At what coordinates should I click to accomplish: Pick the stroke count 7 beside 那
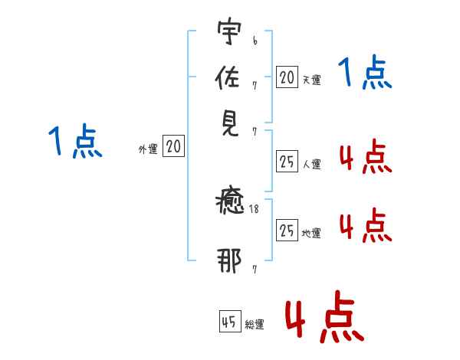tap(255, 269)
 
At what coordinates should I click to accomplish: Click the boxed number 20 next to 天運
tap(287, 77)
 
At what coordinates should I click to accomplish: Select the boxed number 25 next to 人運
tap(287, 162)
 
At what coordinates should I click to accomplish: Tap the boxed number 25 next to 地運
tap(287, 230)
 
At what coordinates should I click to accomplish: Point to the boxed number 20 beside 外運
tap(174, 147)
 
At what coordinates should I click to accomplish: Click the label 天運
tap(311, 80)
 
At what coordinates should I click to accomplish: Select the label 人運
tap(311, 164)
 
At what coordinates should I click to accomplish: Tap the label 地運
tap(311, 233)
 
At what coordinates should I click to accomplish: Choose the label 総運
tap(255, 325)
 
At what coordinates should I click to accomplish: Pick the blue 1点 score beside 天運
tap(365, 74)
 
